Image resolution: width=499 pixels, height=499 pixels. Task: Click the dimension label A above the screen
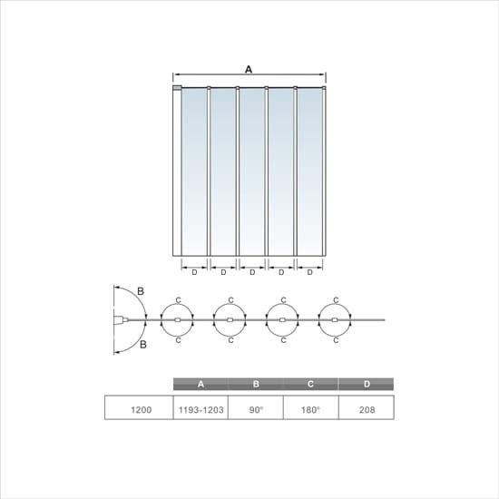[249, 69]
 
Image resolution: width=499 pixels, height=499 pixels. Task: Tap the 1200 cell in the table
[141, 410]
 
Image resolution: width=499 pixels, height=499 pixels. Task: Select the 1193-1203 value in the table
[201, 410]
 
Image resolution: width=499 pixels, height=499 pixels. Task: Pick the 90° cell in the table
[256, 410]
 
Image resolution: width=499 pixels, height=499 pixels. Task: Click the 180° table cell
[310, 410]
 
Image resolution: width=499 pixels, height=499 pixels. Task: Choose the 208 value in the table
[367, 410]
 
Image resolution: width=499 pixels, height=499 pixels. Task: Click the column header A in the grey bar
[201, 384]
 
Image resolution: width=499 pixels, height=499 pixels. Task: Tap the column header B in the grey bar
[256, 384]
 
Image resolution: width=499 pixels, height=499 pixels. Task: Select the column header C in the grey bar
[310, 384]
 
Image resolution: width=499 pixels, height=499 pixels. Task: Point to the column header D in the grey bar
[367, 384]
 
